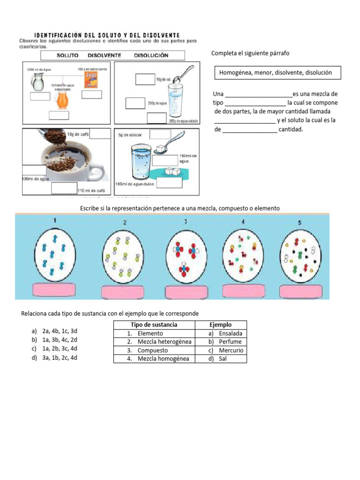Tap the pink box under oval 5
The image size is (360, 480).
coord(301,291)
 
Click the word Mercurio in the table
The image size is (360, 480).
coord(231,350)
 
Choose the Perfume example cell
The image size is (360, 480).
coord(230,342)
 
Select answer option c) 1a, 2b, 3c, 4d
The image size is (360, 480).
coord(54,348)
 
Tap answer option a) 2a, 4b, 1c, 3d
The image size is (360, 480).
coord(54,331)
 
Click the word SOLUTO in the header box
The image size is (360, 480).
coord(67,55)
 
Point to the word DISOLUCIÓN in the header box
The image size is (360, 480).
coord(151,55)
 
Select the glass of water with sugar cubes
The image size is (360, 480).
coord(141,161)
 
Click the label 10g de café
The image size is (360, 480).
coord(77,134)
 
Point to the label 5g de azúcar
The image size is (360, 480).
coord(130,135)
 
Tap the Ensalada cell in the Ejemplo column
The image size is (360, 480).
coord(230,333)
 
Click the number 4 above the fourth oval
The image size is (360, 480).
coord(243,222)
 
